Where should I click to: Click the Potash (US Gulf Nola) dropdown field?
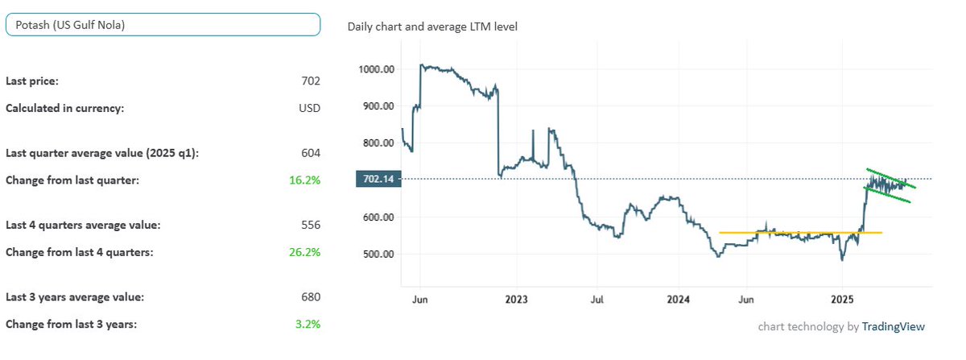click(x=163, y=25)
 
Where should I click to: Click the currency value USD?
click(x=309, y=108)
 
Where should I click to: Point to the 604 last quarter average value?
click(x=311, y=153)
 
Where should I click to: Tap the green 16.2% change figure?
click(x=305, y=180)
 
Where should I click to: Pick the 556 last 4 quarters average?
click(x=311, y=225)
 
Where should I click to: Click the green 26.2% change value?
click(x=305, y=252)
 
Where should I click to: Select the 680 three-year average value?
click(x=311, y=297)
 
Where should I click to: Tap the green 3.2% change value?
click(x=308, y=324)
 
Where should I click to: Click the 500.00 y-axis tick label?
click(x=377, y=254)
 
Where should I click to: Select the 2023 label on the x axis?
click(x=515, y=300)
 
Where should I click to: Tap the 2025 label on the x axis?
click(x=841, y=300)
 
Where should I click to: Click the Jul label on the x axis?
click(x=597, y=300)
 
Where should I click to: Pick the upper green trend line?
click(x=890, y=178)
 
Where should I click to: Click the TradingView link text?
click(x=893, y=327)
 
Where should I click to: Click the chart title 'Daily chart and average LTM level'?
click(x=432, y=27)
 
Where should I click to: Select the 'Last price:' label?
click(x=32, y=81)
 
